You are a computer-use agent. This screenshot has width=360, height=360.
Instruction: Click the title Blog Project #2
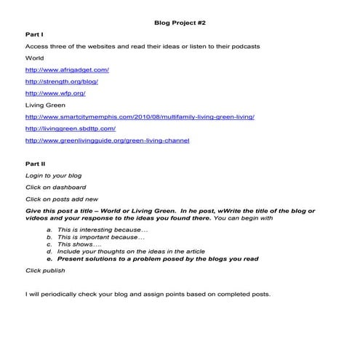point(180,23)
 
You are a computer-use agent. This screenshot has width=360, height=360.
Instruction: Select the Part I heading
point(34,35)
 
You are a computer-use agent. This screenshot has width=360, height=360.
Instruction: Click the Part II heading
point(35,164)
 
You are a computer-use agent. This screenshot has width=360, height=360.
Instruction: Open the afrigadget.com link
point(66,70)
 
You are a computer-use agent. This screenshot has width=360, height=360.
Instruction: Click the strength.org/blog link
point(61,81)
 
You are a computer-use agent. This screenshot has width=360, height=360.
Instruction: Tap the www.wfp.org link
point(56,93)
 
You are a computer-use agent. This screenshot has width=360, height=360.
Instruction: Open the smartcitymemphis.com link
point(140,116)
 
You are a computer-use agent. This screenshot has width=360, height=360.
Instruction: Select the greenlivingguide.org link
point(107,140)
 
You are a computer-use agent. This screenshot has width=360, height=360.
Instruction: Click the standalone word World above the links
point(35,58)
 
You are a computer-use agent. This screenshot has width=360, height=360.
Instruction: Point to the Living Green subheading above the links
point(45,105)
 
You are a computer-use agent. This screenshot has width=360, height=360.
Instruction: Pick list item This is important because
point(101,236)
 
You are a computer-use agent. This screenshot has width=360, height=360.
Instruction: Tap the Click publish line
point(45,270)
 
